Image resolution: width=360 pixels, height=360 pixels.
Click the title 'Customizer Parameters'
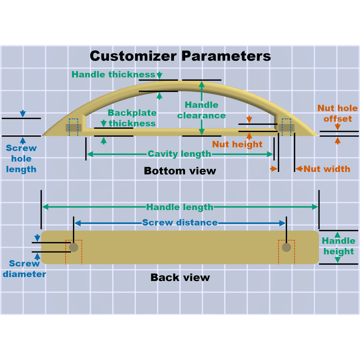180,56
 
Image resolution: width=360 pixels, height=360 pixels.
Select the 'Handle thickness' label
114,75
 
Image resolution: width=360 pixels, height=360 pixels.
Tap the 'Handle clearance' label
201,110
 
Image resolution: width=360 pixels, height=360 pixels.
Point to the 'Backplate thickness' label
132,118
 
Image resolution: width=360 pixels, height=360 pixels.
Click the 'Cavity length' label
179,154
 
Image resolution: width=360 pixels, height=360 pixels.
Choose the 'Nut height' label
237,144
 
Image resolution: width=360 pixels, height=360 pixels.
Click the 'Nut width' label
327,169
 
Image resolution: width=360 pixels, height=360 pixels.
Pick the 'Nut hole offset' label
337,113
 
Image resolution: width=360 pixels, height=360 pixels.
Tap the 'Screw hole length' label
21,159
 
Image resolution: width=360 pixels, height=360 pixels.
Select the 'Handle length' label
180,207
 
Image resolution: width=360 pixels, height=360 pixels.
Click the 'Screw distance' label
180,223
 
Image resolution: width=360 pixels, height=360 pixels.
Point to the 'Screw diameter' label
24,269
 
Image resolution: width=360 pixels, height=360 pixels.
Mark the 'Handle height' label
339,246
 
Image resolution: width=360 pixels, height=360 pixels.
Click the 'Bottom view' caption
180,171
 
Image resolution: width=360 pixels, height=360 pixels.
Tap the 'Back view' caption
180,277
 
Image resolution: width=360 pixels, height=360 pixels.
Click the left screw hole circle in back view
73,247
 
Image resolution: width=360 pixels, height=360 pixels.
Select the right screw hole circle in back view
286,247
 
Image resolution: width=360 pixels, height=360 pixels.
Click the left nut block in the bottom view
74,128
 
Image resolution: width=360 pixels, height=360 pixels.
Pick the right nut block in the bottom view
287,128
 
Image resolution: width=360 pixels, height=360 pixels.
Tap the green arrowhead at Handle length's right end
315,207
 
